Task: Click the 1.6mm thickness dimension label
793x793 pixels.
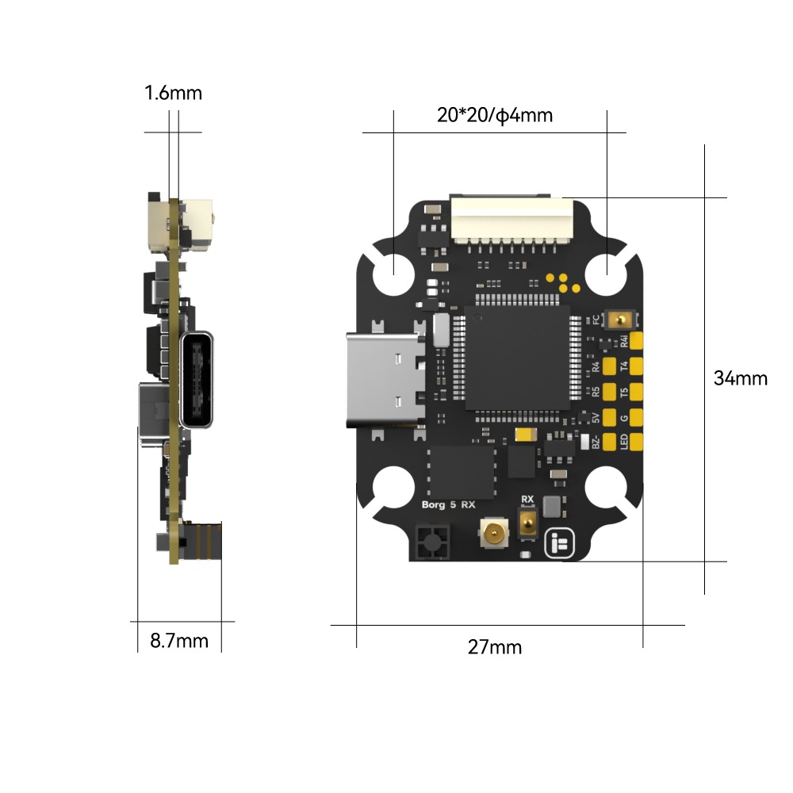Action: [173, 94]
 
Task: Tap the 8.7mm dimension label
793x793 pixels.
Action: [179, 641]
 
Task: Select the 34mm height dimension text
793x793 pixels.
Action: [740, 378]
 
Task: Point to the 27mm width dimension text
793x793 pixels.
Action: [495, 647]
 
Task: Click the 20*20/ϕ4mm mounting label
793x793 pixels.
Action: [495, 116]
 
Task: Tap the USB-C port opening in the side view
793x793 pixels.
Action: [198, 381]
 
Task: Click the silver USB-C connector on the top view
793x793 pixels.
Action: [385, 381]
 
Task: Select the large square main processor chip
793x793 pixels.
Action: [518, 358]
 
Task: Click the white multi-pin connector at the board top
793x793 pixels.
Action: [511, 220]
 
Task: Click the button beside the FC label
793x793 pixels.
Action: [622, 320]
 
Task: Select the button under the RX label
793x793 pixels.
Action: [527, 523]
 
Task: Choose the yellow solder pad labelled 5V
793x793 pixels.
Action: [611, 417]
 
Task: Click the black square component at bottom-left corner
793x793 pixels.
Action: [431, 543]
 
